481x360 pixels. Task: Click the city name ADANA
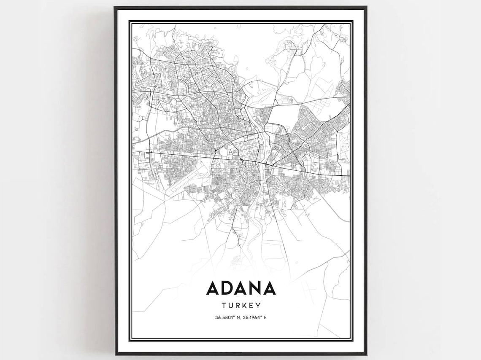(240, 288)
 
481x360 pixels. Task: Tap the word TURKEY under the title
(240, 305)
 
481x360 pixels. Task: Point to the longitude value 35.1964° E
(254, 317)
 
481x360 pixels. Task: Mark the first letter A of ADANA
(213, 288)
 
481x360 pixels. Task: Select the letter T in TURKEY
(224, 305)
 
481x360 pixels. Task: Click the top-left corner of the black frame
(116, 7)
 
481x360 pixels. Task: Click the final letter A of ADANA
(269, 288)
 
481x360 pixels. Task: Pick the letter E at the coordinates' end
(266, 317)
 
